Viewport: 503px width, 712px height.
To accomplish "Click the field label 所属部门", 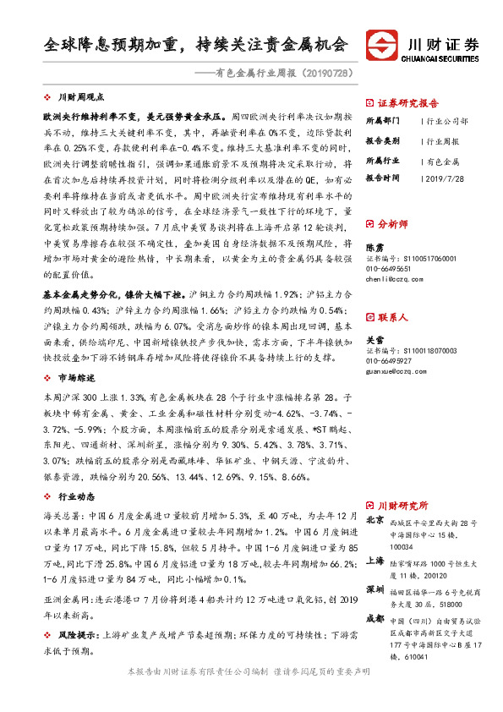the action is point(380,121).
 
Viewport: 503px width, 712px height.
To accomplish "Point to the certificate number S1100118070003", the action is point(423,350).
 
